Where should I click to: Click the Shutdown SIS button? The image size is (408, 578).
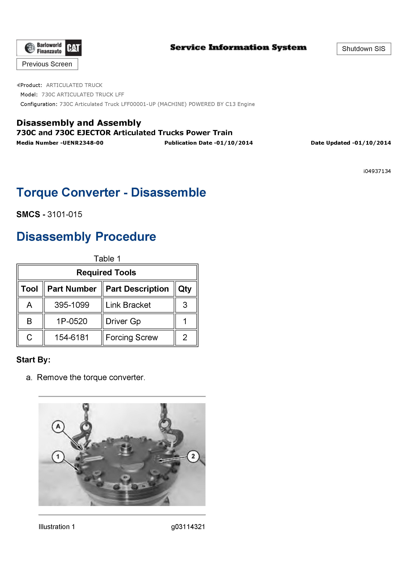tap(364, 49)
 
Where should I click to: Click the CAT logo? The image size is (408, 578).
tap(73, 48)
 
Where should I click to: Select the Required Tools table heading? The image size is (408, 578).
tap(106, 272)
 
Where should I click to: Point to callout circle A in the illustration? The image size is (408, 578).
tap(58, 426)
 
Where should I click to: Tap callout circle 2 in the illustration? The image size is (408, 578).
tap(193, 456)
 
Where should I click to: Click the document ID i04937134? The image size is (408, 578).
tap(377, 171)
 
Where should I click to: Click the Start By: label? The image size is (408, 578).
tap(33, 360)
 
